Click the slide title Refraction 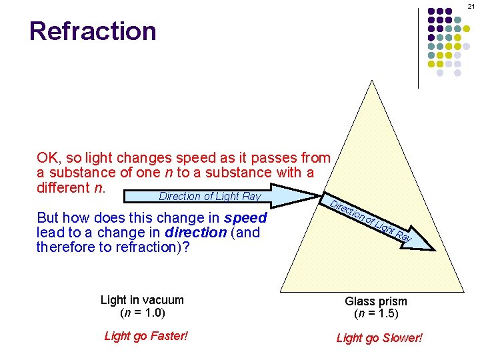pyautogui.click(x=93, y=31)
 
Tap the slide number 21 pyautogui.click(x=471, y=7)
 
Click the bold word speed pyautogui.click(x=245, y=218)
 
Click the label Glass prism pyautogui.click(x=376, y=302)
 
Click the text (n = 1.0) pyautogui.click(x=142, y=312)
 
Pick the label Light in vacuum pyautogui.click(x=142, y=301)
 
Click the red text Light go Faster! pyautogui.click(x=146, y=336)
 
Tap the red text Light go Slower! pyautogui.click(x=379, y=338)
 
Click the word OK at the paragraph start pyautogui.click(x=47, y=158)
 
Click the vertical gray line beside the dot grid pyautogui.click(x=418, y=47)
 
